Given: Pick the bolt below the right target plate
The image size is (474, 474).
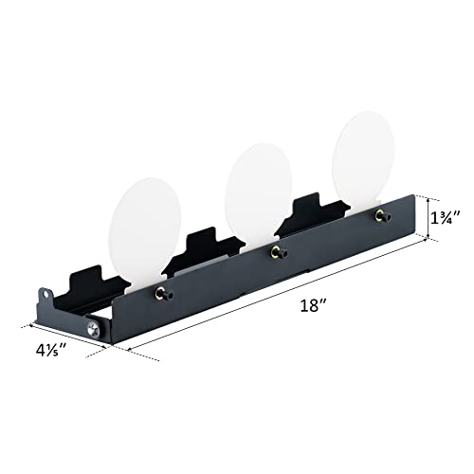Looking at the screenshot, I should point(382,215).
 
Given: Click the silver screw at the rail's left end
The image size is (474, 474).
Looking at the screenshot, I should point(92,328).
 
